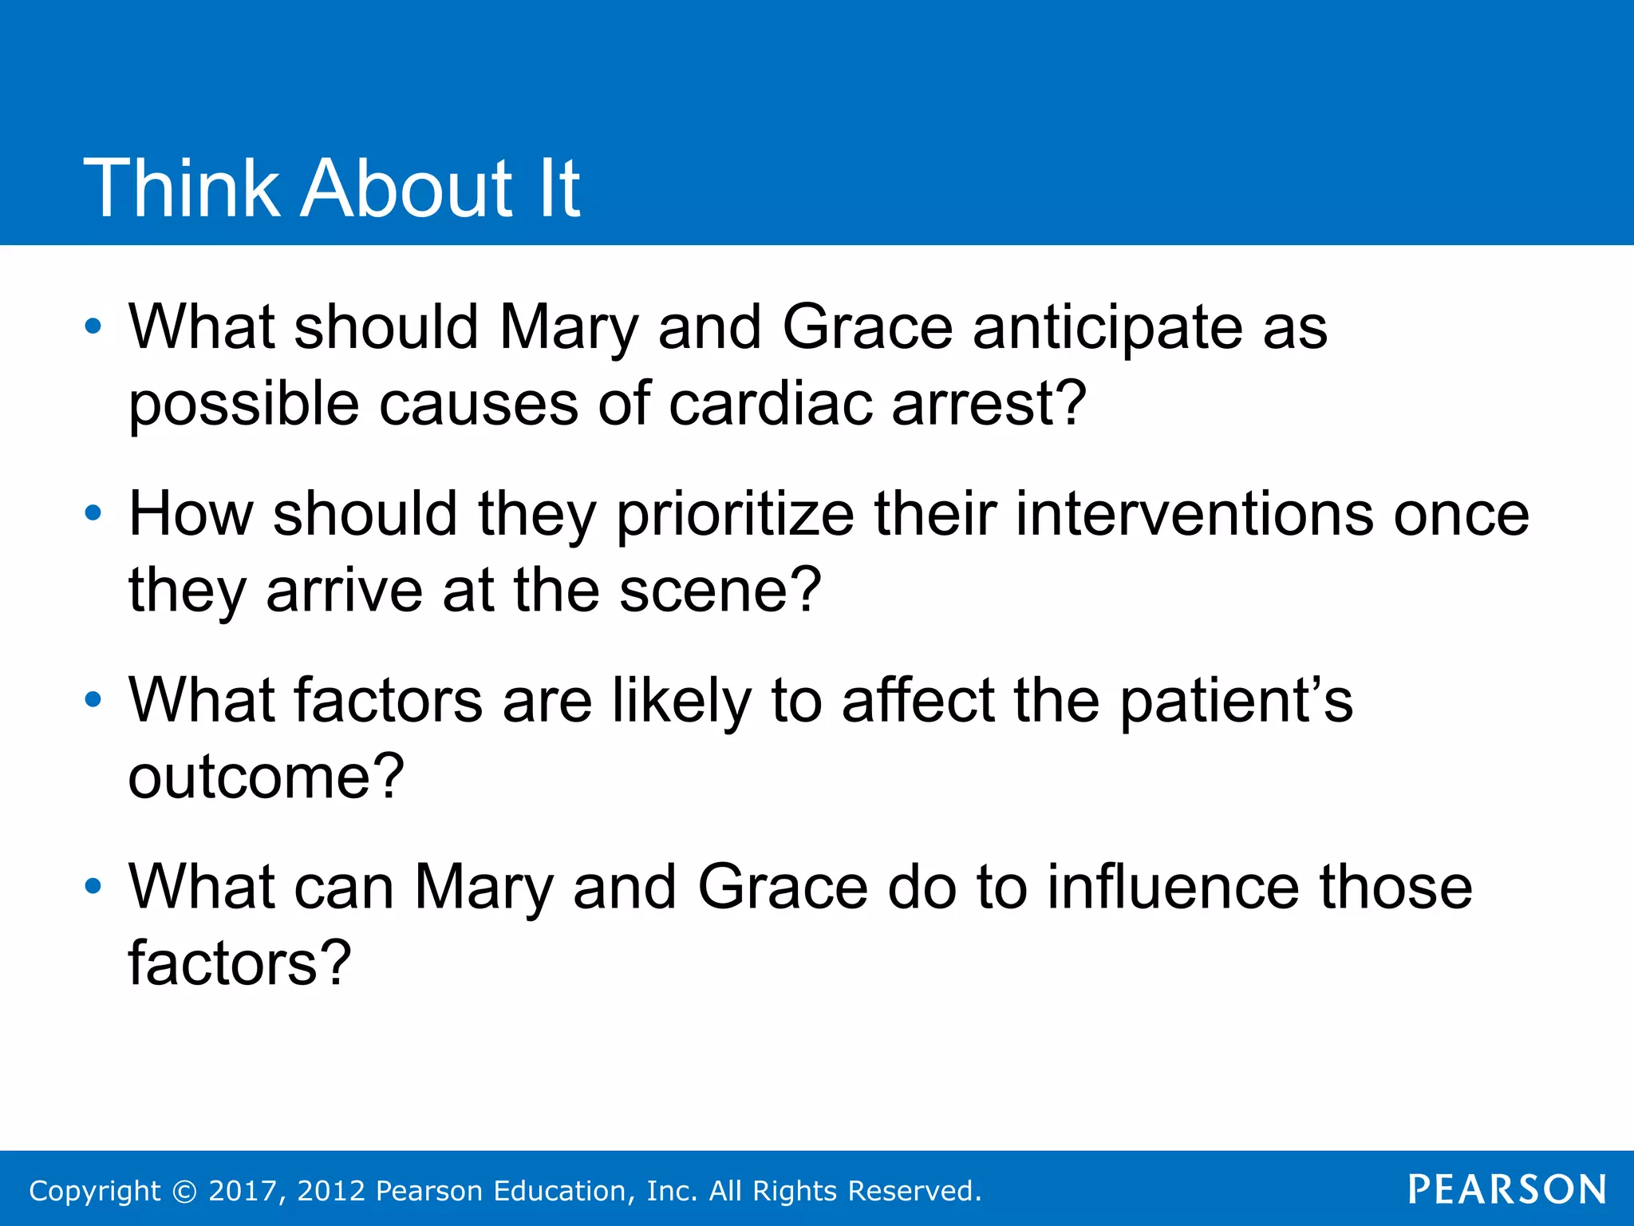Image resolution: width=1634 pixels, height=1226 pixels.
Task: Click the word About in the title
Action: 406,188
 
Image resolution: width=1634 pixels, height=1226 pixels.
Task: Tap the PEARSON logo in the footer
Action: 1507,1189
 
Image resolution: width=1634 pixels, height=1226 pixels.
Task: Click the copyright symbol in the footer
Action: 184,1191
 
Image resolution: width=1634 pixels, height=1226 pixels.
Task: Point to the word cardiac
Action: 770,404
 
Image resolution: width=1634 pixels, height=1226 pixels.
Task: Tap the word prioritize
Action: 735,516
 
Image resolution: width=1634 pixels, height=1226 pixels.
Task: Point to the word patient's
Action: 1236,701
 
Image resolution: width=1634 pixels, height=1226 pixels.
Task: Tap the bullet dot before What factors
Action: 93,700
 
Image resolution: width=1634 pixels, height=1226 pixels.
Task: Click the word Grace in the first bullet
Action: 867,327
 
